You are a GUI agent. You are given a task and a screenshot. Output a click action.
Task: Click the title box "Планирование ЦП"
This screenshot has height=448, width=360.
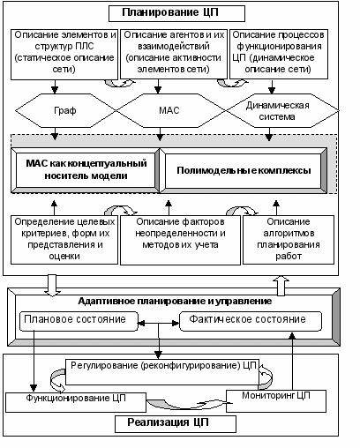176,13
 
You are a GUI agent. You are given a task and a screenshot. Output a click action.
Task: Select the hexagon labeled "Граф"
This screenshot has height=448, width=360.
65,110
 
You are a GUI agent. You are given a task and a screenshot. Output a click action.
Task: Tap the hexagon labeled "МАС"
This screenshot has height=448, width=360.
170,110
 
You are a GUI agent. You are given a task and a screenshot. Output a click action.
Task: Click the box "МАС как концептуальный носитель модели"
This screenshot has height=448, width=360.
86,170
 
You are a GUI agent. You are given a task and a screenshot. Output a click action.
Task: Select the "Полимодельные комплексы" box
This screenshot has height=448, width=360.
244,170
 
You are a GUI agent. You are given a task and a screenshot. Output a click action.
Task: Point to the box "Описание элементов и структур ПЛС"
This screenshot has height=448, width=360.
64,55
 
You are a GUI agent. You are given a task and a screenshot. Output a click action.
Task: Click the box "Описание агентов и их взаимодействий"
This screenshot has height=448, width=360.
174,54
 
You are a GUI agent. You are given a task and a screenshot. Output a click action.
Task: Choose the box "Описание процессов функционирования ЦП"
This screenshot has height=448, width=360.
279,54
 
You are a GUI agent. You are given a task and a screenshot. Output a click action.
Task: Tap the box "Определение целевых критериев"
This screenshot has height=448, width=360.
64,240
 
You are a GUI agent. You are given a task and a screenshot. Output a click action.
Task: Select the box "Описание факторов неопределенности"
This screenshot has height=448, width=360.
180,240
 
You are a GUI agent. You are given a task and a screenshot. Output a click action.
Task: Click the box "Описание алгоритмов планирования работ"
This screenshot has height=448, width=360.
289,240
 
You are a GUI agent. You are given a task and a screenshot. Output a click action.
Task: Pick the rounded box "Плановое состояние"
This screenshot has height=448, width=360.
79,321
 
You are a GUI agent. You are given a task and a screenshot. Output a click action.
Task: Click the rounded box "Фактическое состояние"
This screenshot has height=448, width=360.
251,321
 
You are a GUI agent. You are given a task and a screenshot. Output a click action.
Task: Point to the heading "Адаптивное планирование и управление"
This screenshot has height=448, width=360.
175,302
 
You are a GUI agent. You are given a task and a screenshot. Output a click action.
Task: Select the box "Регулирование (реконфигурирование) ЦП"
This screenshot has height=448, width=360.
162,372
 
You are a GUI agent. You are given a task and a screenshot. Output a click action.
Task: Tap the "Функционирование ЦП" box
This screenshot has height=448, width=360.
76,402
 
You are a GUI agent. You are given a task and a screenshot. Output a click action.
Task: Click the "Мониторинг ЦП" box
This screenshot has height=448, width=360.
276,401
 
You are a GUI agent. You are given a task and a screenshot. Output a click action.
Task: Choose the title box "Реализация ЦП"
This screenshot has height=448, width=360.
176,424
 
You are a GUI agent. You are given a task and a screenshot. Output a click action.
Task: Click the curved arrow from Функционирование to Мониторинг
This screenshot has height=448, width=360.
186,407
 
